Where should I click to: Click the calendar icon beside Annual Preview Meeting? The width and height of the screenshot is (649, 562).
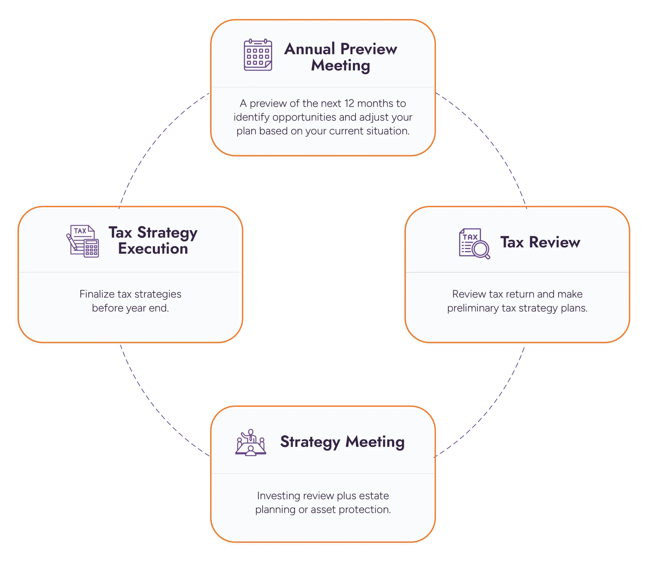(258, 55)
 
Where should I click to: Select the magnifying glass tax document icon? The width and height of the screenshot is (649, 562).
(474, 243)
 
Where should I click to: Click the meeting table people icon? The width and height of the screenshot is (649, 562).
(250, 442)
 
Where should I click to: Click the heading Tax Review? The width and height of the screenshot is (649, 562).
(540, 242)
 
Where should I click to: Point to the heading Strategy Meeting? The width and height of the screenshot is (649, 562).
(342, 442)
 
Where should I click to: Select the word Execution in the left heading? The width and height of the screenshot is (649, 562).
(153, 248)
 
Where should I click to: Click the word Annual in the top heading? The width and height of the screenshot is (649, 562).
(310, 49)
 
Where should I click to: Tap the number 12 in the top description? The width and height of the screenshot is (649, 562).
(349, 103)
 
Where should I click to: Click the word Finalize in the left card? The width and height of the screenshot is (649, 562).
(97, 294)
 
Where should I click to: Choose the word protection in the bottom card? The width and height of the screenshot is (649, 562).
(364, 510)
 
